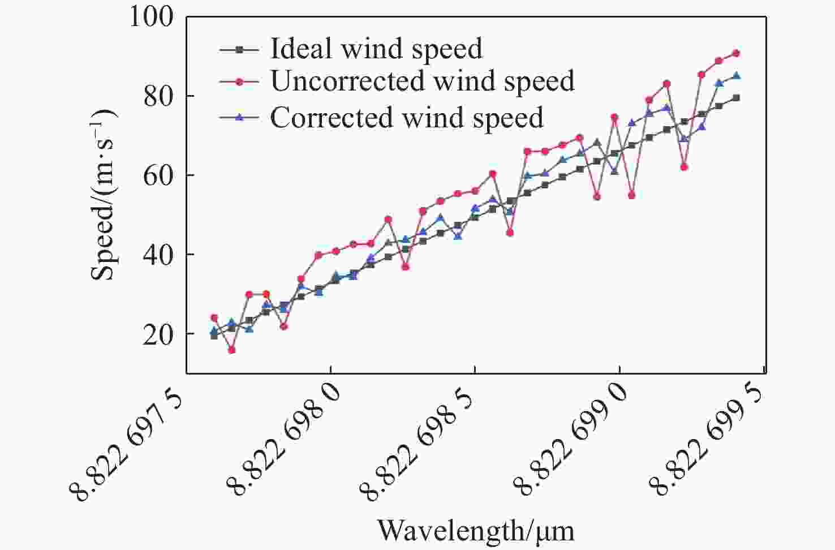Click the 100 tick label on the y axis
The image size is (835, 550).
[152, 17]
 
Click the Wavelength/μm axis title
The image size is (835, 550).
[476, 530]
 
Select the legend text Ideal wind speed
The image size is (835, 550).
[377, 49]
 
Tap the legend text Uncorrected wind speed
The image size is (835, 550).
[423, 81]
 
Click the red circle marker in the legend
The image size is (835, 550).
[240, 82]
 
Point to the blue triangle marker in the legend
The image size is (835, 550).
[240, 118]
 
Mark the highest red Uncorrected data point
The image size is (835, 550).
[736, 53]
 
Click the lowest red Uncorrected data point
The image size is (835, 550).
[231, 350]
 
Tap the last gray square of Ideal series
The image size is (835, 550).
[736, 98]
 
